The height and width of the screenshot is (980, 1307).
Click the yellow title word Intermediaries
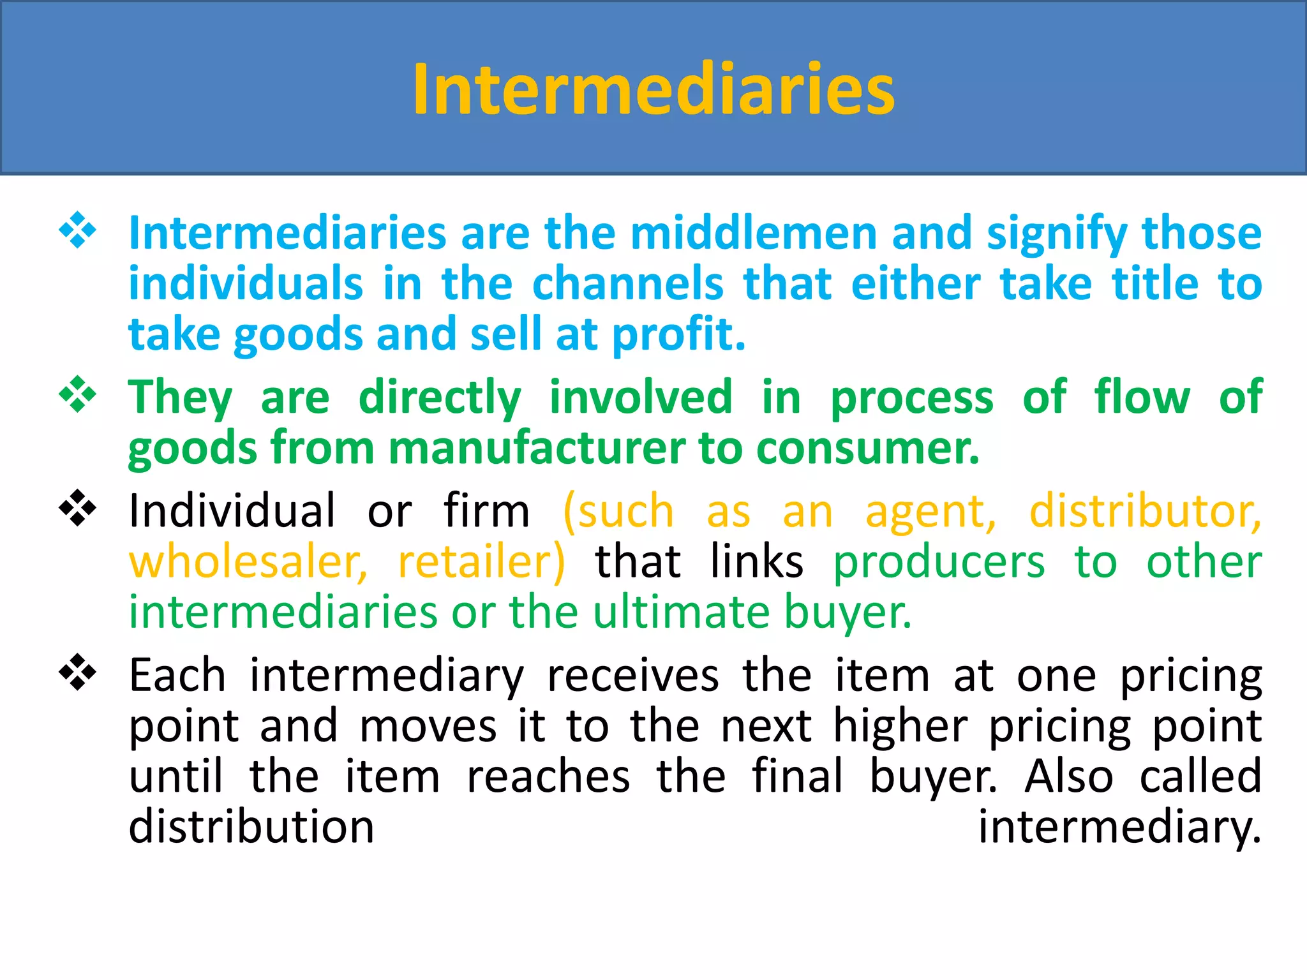pos(653,89)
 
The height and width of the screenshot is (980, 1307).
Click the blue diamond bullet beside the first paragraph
pos(77,230)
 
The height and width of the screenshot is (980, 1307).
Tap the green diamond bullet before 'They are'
pos(77,394)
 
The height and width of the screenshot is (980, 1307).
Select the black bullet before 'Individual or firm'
pos(77,508)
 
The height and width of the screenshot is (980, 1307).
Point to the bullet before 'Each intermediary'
pos(77,672)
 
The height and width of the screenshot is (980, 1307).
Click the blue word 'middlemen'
pos(754,233)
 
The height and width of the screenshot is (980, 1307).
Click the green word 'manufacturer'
pos(536,448)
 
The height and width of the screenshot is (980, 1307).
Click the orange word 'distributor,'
pos(1145,511)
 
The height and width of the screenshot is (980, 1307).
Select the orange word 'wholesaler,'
pos(248,562)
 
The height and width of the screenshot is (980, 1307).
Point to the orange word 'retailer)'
pos(481,562)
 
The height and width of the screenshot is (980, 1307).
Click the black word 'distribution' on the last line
pos(251,827)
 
